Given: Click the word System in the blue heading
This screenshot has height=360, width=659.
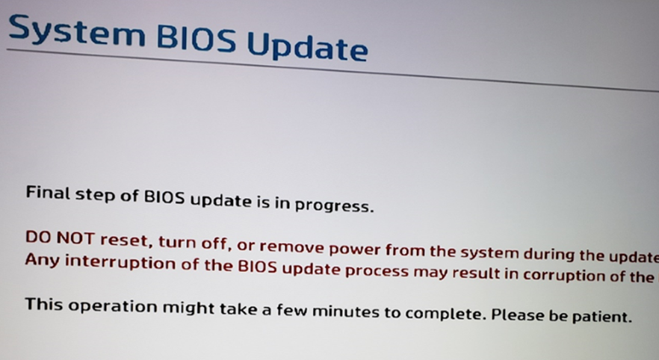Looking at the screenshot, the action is pos(77,31).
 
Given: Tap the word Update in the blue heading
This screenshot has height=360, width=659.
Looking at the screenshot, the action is pos(307,46).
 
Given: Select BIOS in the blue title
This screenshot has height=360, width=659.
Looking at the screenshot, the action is pos(196,39).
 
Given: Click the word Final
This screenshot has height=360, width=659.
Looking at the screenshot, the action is pos(48,193).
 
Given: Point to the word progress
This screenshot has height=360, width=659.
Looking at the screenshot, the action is pos(334,205).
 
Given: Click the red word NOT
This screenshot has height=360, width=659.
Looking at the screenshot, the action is pos(75,238).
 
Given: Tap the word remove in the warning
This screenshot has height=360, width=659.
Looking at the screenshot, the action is pos(291,246).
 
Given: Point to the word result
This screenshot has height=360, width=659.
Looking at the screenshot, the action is pos(480,273).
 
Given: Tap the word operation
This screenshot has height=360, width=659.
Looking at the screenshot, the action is pos(113,306).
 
